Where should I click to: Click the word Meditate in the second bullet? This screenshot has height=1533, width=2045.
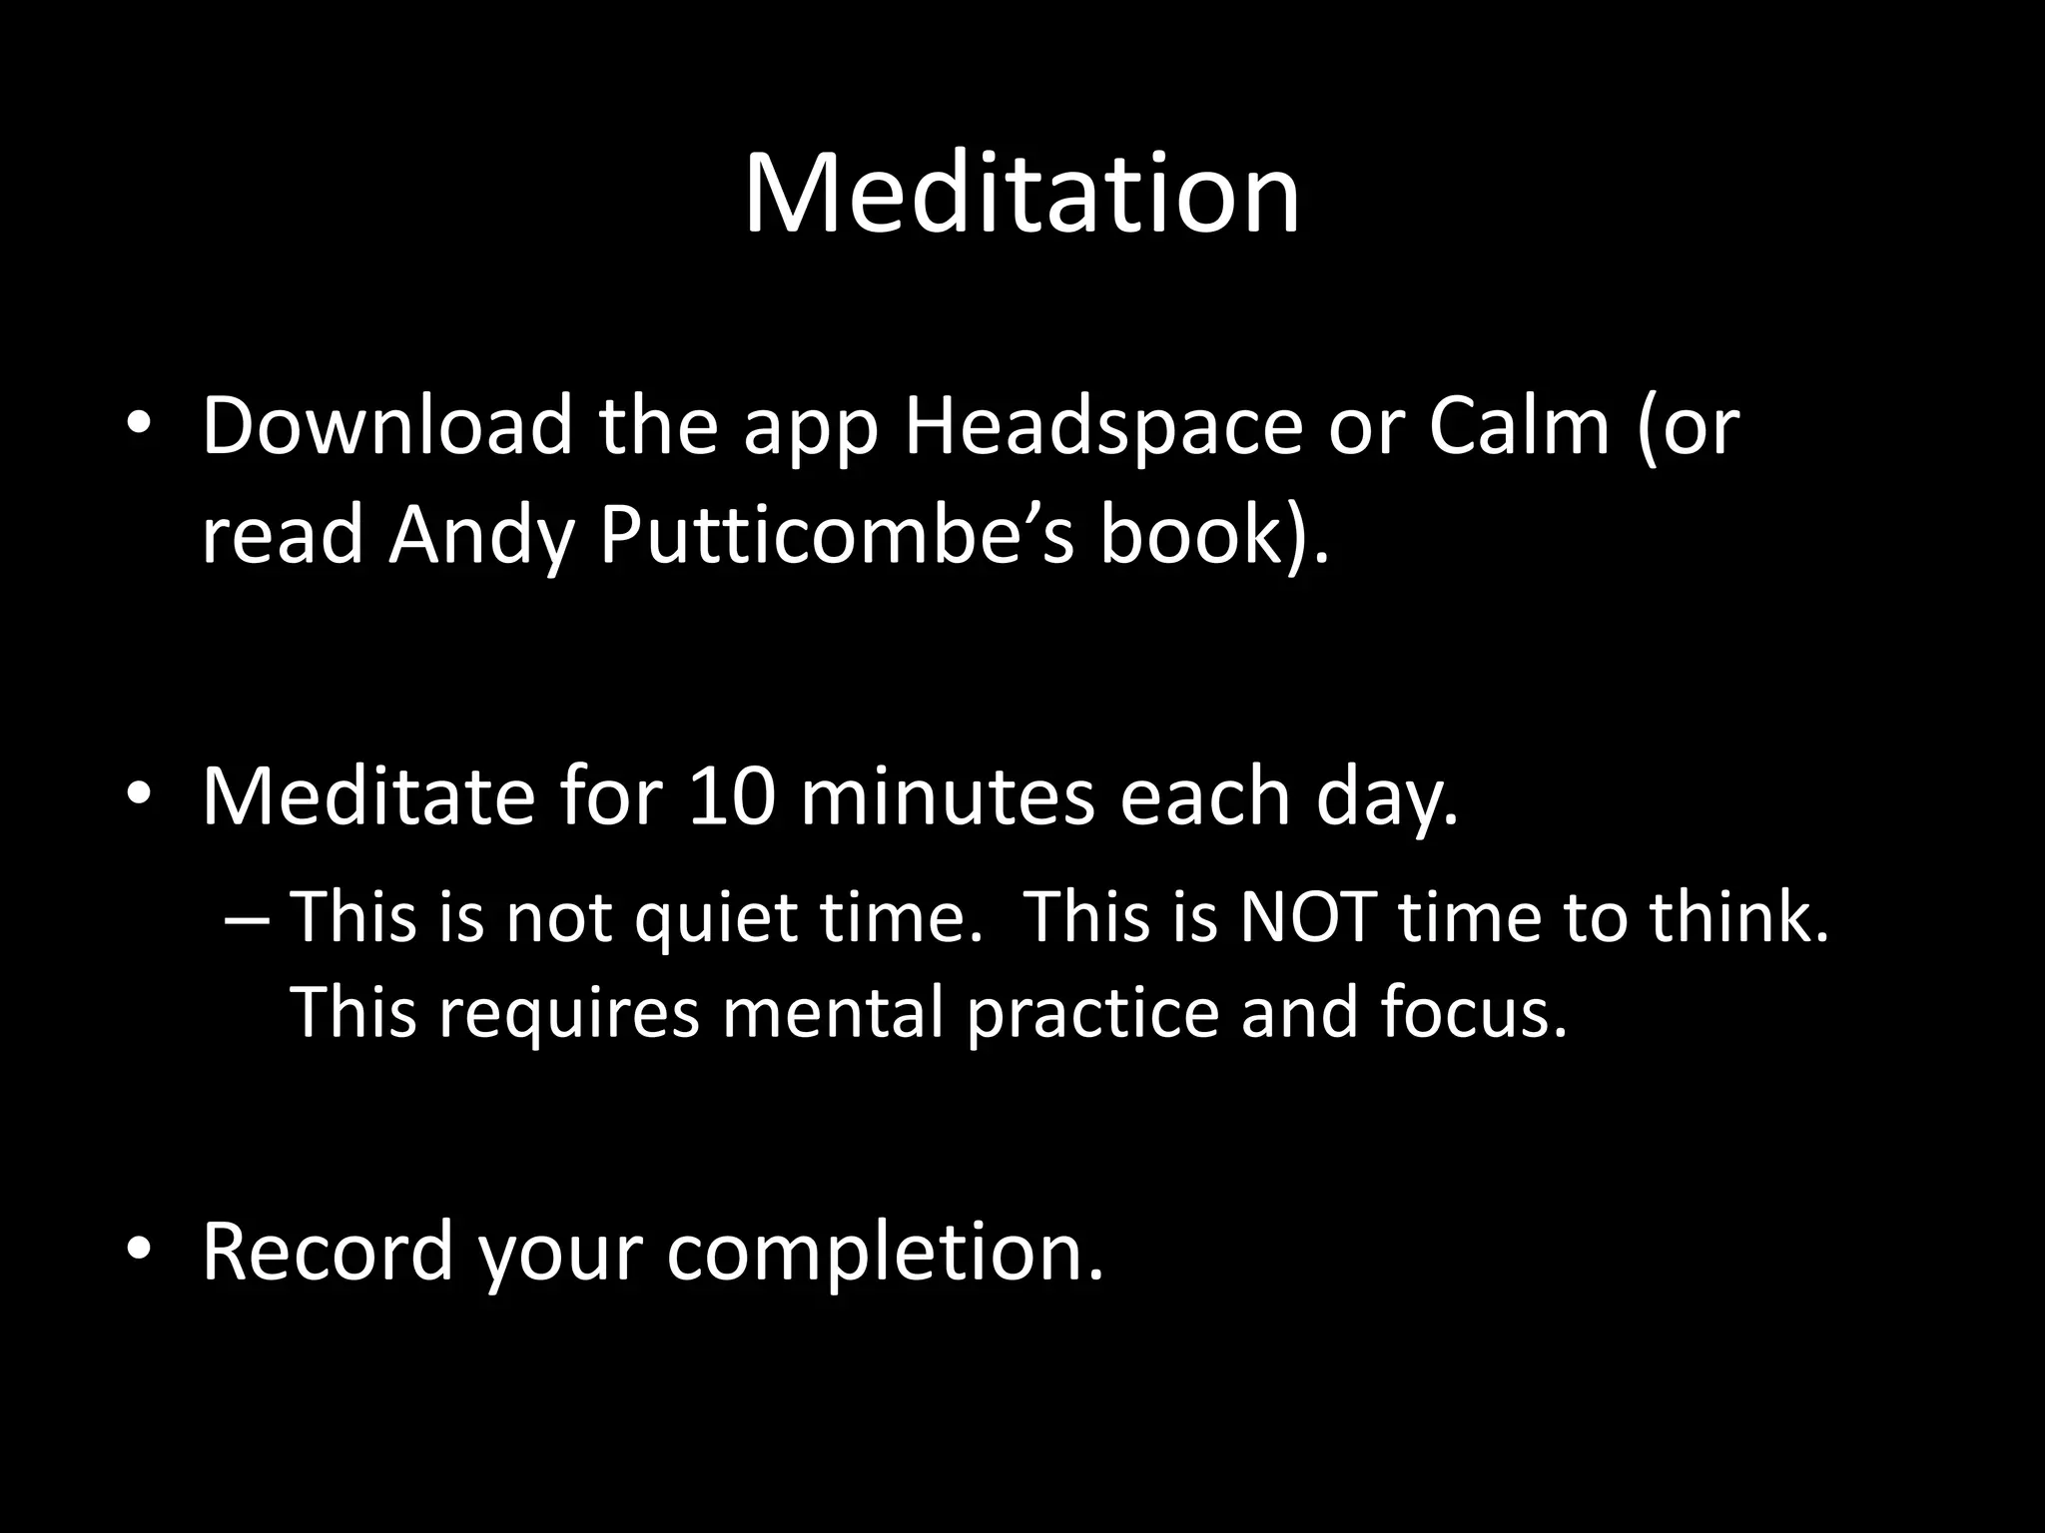368,796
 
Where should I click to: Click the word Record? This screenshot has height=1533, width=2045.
329,1251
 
